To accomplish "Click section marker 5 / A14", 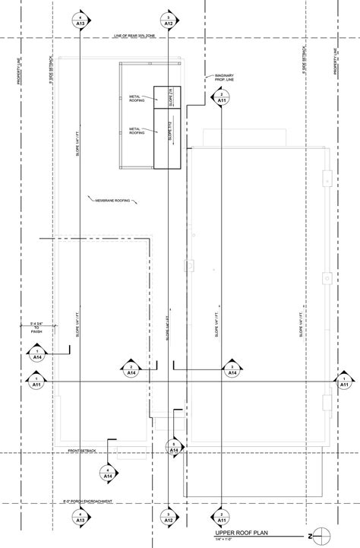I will [174, 448].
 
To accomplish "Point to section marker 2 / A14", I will [131, 369].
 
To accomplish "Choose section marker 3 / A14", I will [232, 369].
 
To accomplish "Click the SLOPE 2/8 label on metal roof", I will [170, 97].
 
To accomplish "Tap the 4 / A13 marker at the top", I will [80, 21].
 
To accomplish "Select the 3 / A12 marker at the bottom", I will [168, 517].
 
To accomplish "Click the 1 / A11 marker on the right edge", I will [341, 382].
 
